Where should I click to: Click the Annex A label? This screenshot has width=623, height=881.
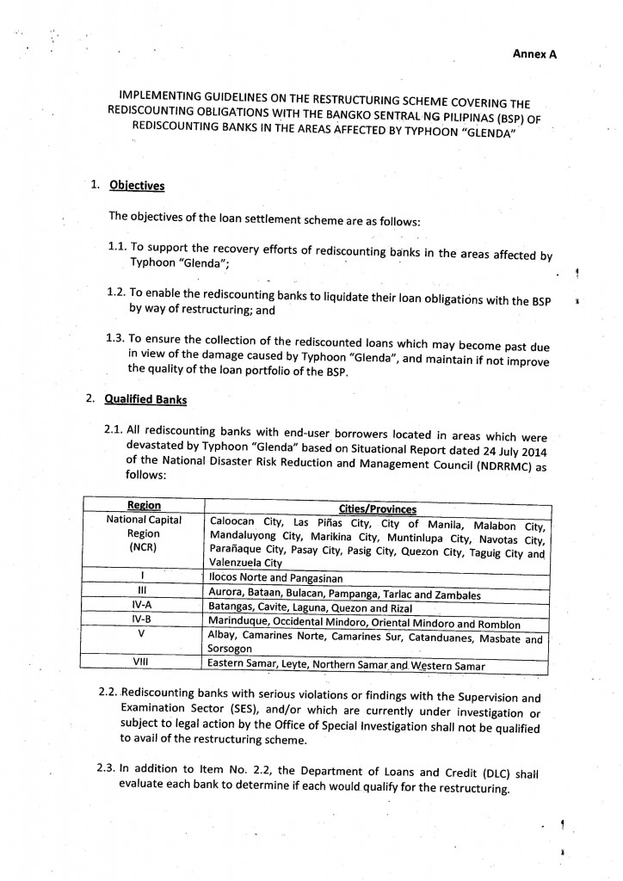pyautogui.click(x=534, y=53)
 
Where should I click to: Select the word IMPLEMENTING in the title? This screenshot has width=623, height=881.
pyautogui.click(x=165, y=95)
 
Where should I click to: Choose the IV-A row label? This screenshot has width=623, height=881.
pyautogui.click(x=142, y=607)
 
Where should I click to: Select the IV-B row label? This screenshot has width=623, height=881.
pyautogui.click(x=142, y=620)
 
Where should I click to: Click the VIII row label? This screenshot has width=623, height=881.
pyautogui.click(x=142, y=663)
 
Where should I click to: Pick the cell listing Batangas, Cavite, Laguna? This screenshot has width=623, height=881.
pyautogui.click(x=306, y=607)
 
